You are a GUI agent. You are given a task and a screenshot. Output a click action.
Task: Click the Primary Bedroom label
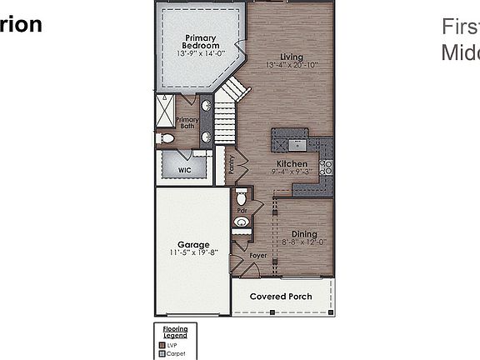(200, 42)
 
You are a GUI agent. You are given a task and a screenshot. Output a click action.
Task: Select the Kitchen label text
(292, 164)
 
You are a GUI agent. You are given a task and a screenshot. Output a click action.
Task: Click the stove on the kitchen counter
(327, 167)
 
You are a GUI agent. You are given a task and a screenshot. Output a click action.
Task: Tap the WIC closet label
(185, 169)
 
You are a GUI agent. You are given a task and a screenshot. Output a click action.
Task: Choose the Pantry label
(231, 164)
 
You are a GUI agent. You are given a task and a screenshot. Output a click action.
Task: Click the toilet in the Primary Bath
(166, 138)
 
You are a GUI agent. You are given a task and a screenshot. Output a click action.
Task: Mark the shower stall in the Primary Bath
(167, 110)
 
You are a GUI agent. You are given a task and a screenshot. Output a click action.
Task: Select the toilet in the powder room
(241, 198)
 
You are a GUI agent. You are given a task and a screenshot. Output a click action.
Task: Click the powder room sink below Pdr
(242, 222)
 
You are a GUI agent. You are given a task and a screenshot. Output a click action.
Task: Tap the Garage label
(193, 245)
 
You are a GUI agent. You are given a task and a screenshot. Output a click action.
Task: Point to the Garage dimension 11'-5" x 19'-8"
(193, 252)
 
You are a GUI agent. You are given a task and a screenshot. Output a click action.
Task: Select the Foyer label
(258, 256)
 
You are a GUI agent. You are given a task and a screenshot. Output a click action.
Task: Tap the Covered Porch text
(282, 297)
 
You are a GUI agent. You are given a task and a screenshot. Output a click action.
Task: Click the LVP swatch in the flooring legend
(161, 344)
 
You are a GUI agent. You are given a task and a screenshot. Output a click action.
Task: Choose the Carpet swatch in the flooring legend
(161, 353)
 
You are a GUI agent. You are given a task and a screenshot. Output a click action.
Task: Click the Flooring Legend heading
(175, 332)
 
